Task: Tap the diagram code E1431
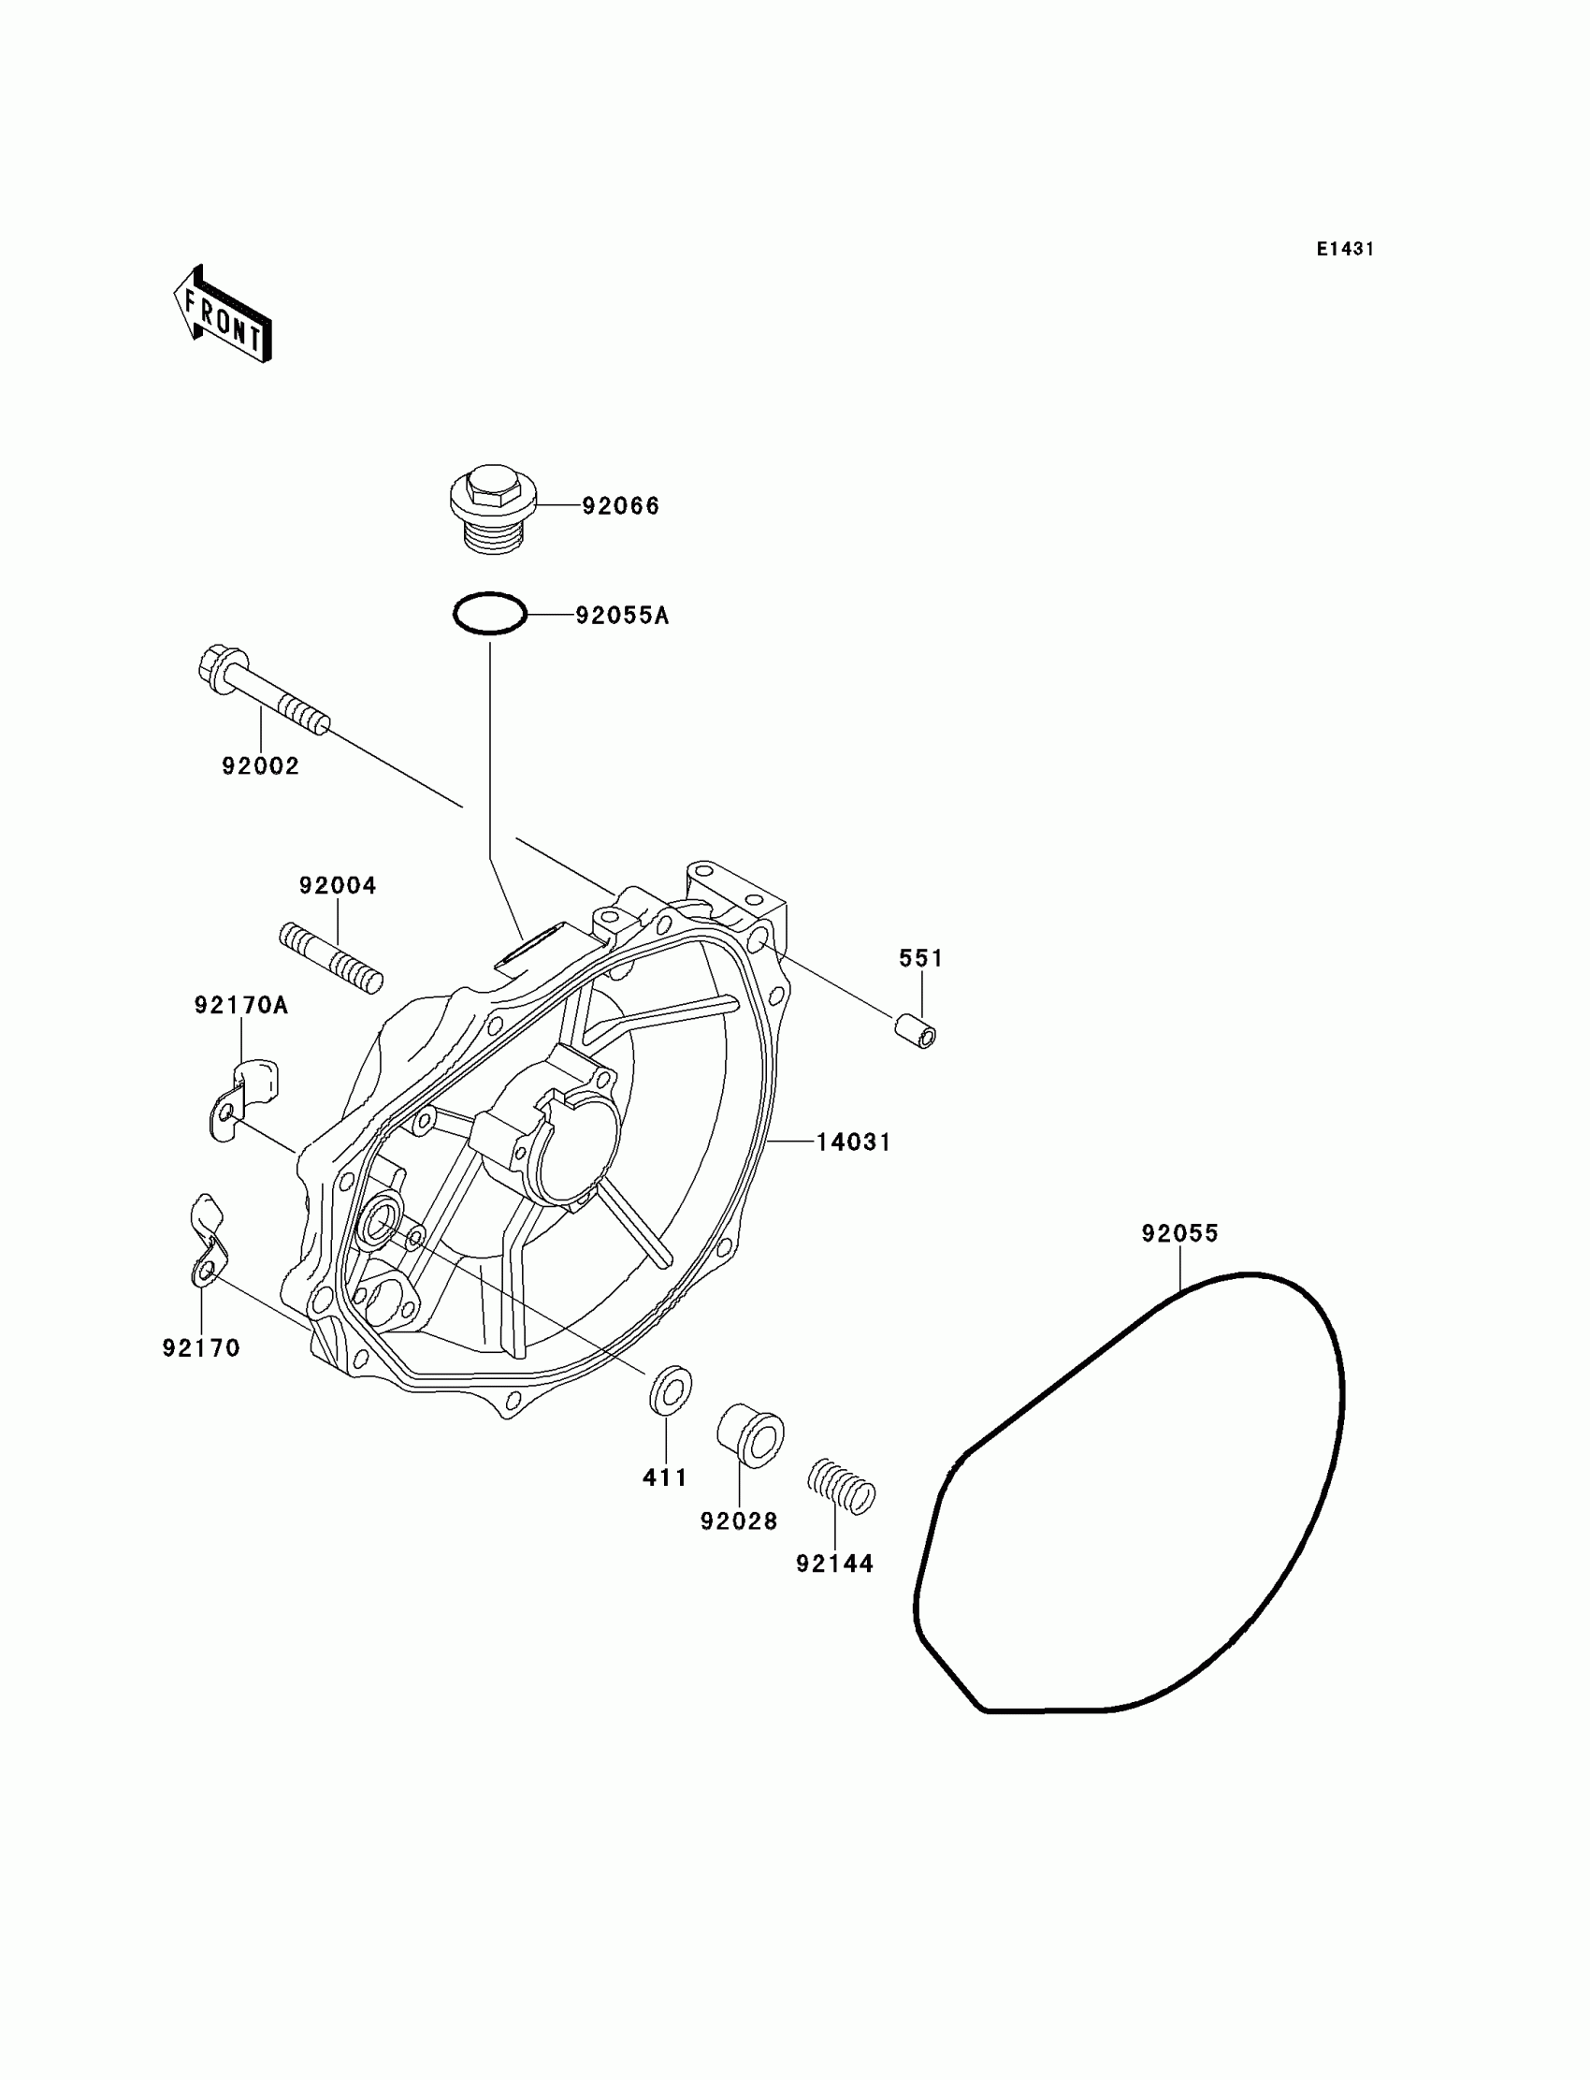1345,249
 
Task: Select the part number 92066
620,506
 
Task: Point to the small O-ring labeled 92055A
489,615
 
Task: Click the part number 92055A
622,617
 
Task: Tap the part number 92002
260,766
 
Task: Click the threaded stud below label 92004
331,959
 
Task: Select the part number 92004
338,886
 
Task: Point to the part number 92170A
241,1006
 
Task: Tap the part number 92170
202,1348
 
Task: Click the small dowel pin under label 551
917,1030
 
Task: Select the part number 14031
854,1142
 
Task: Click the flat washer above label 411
670,1390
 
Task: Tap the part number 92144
834,1564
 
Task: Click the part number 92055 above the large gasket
1180,1233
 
